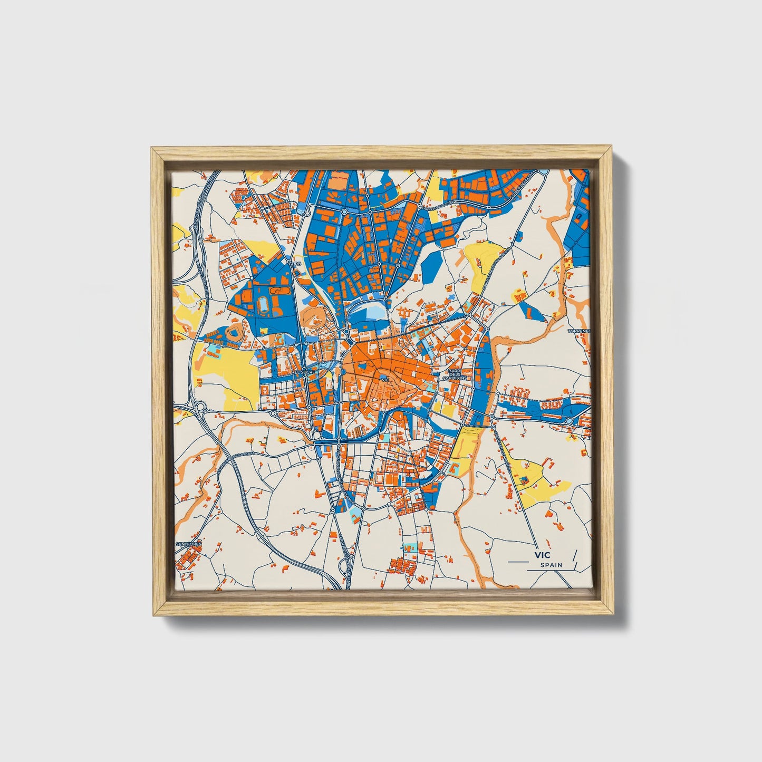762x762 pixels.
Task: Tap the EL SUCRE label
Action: [304, 372]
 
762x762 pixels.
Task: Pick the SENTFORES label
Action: [189, 543]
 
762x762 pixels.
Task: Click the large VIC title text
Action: [542, 555]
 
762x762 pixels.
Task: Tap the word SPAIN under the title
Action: [551, 565]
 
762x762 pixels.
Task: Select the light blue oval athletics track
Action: [263, 305]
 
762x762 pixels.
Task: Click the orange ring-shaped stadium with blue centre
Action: [233, 334]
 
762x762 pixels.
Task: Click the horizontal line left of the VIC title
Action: [517, 562]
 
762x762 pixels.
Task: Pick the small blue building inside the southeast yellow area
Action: [524, 478]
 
